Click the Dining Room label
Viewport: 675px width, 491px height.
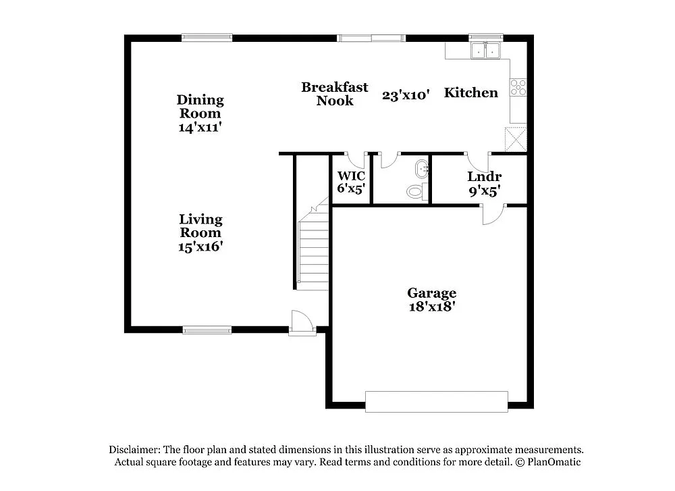pyautogui.click(x=200, y=107)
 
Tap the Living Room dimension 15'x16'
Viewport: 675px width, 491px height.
pyautogui.click(x=200, y=247)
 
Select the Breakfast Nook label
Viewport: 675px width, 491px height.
pyautogui.click(x=335, y=94)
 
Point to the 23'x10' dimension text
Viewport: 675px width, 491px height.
pyautogui.click(x=406, y=95)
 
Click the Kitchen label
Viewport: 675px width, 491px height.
pyautogui.click(x=470, y=93)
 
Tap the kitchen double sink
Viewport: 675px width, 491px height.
pyautogui.click(x=486, y=50)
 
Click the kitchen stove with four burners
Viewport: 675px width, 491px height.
pyautogui.click(x=518, y=87)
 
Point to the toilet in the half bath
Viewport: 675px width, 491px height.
pyautogui.click(x=415, y=192)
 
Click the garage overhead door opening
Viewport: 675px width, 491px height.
pyautogui.click(x=436, y=401)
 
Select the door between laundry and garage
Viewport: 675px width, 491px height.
pyautogui.click(x=491, y=214)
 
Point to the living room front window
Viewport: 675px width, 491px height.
pyautogui.click(x=202, y=330)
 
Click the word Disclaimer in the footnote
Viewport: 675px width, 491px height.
pyautogui.click(x=134, y=450)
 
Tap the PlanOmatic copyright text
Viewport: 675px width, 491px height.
pyautogui.click(x=548, y=462)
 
